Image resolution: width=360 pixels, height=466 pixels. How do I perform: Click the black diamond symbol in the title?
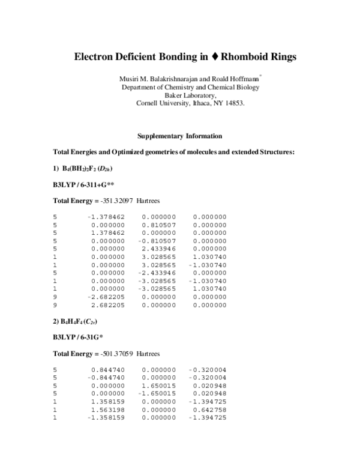click(214, 58)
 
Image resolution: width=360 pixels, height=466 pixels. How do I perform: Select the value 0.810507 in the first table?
click(159, 225)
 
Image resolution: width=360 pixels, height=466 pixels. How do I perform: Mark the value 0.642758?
click(209, 410)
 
